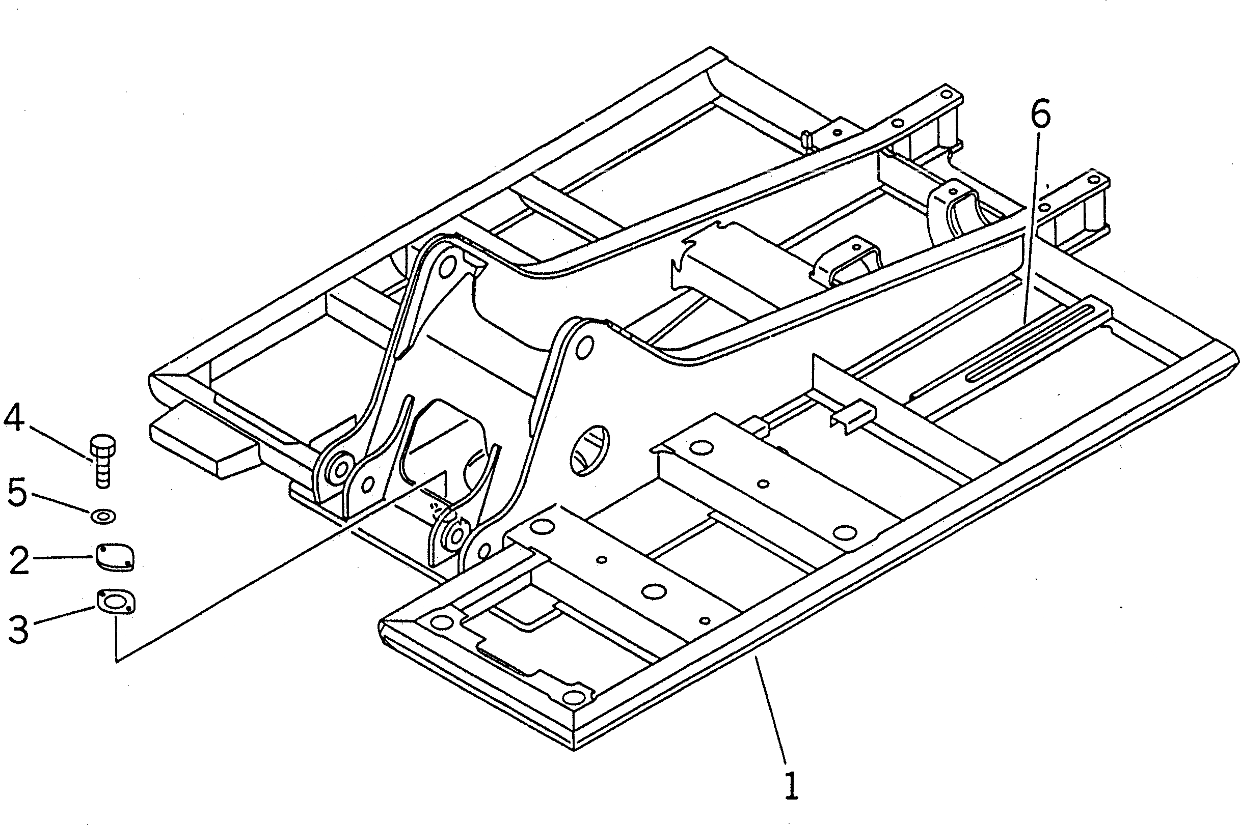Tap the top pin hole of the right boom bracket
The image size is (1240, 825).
(582, 349)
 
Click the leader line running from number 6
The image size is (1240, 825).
(1031, 226)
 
